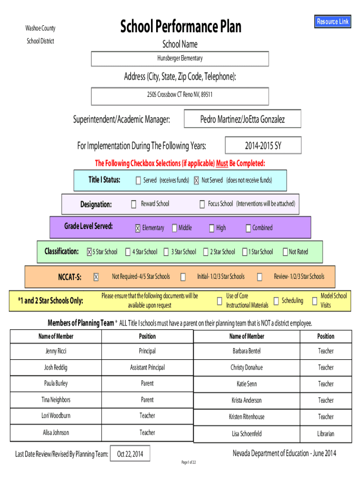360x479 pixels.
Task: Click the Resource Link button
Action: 333,22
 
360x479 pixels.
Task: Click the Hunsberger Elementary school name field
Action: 180,58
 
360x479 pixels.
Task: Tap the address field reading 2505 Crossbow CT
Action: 180,95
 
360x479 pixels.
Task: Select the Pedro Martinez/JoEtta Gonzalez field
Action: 242,119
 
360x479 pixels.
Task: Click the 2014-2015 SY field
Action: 263,145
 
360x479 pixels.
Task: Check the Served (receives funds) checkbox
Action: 138,181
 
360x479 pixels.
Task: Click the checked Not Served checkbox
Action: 197,181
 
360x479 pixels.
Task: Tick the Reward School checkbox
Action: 134,204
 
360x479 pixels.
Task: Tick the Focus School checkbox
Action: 202,204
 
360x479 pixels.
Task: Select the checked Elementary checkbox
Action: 137,228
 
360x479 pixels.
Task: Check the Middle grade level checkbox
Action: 174,228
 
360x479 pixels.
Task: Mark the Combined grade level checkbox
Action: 248,228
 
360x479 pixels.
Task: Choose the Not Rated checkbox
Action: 285,252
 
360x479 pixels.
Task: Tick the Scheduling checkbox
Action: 276,301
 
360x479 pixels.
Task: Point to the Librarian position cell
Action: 325,434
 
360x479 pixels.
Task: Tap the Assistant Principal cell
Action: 147,368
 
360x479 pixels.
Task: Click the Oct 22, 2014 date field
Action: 130,454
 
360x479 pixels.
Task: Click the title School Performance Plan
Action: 181,27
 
